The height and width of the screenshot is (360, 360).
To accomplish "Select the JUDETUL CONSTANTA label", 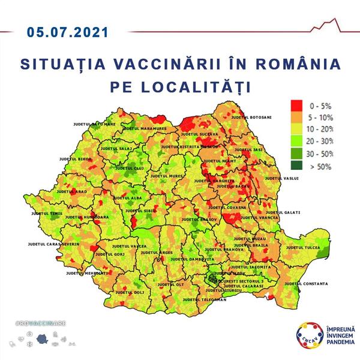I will (305, 283).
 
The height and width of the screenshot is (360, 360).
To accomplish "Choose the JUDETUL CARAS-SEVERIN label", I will (54, 245).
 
